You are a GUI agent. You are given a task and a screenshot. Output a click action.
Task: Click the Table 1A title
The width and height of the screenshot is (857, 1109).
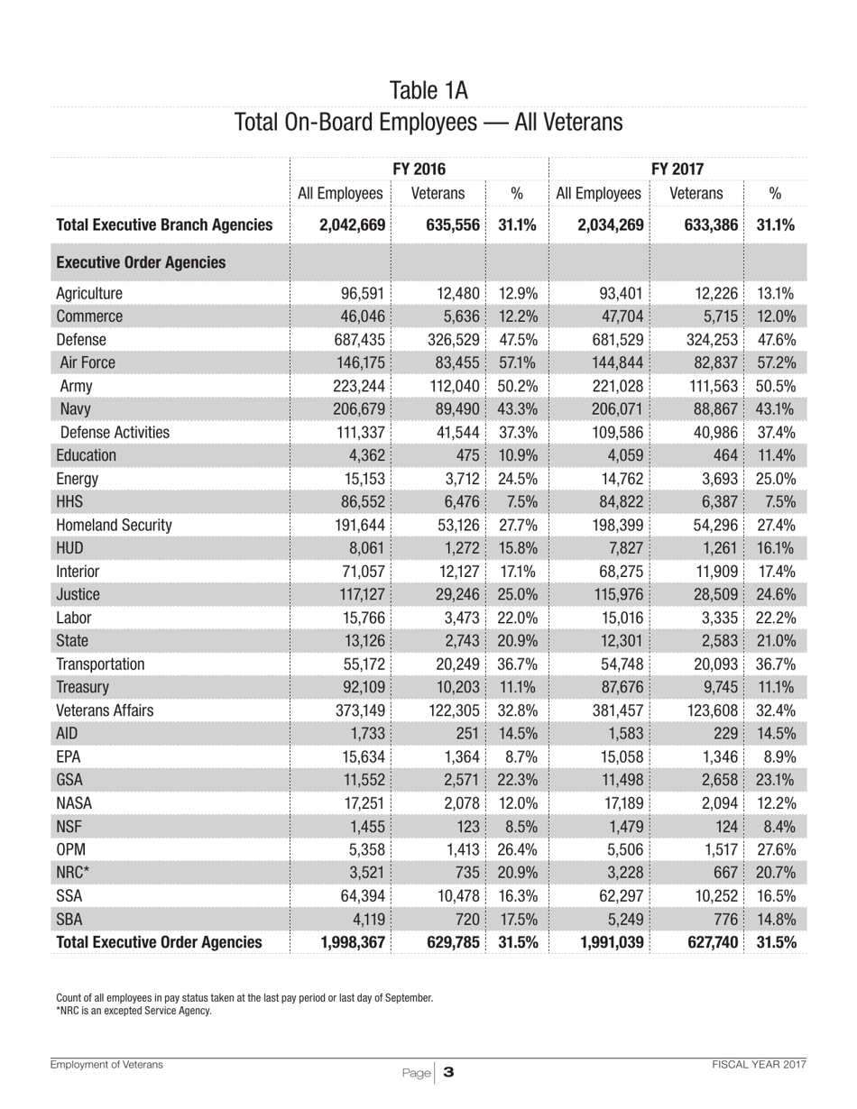428,90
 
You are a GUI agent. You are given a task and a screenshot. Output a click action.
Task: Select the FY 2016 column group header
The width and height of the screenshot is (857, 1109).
420,169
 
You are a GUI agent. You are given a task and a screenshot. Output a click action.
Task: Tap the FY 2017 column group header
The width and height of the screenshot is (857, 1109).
677,169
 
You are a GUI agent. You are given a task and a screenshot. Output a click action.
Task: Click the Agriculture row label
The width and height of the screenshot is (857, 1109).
89,293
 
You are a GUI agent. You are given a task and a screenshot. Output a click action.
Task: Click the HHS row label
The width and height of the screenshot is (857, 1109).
69,502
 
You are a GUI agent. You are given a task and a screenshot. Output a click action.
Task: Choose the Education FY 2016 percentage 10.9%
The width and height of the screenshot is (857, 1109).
518,455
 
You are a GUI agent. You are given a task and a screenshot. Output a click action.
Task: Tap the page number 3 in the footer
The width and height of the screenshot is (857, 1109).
447,1073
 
